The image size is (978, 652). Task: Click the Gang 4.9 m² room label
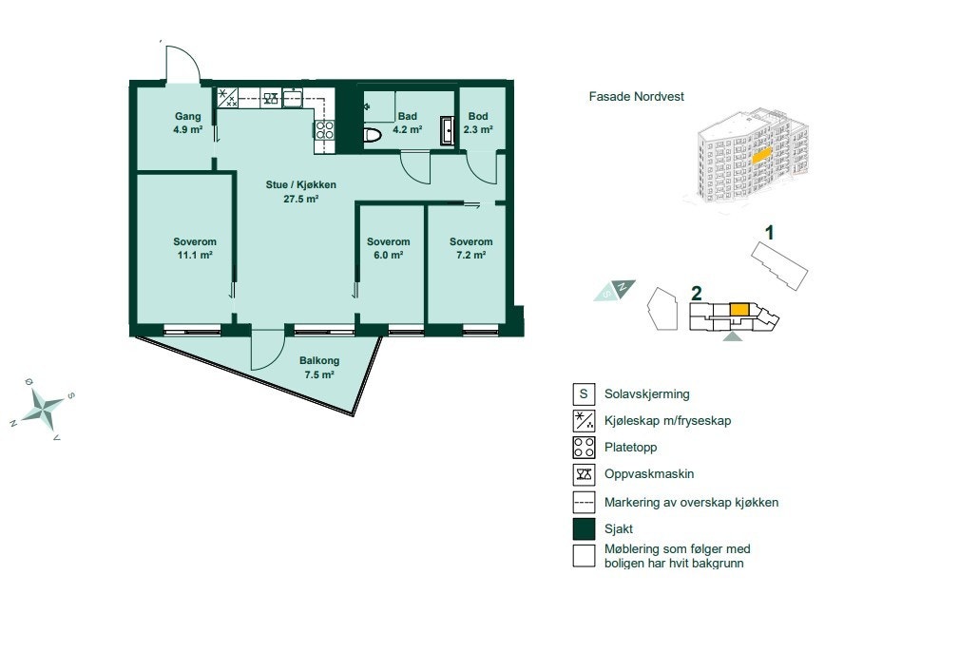click(188, 123)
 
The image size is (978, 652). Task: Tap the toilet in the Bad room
click(373, 135)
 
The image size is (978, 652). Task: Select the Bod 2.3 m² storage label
click(477, 123)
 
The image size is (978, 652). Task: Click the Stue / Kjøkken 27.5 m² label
click(300, 192)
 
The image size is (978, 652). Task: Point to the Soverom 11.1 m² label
click(195, 248)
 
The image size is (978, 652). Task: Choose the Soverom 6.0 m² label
click(388, 248)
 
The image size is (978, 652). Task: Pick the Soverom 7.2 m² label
click(471, 248)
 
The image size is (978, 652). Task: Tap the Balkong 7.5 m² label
click(319, 368)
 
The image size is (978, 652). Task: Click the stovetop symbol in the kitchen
click(324, 129)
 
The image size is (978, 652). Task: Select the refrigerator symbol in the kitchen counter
click(228, 97)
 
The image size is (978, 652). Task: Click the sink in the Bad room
click(447, 130)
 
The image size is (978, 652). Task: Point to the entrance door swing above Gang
click(181, 64)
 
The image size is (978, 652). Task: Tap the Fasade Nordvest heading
click(636, 97)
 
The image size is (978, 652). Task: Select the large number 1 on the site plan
click(771, 231)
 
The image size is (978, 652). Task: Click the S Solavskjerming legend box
click(584, 393)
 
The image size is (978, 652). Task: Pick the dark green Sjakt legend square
click(584, 528)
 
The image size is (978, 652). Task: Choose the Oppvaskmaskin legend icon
click(584, 474)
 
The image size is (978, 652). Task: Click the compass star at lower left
click(44, 408)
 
